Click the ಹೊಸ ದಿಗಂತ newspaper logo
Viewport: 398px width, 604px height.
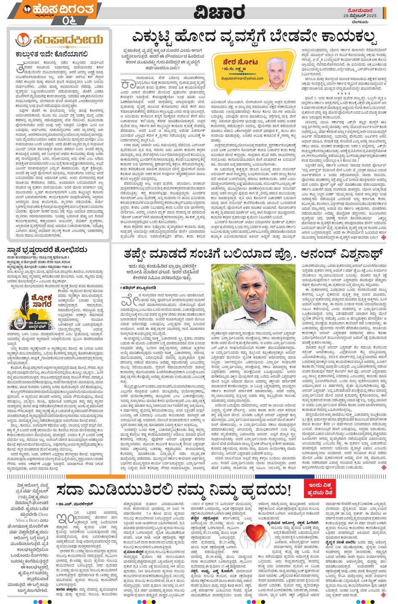(59, 9)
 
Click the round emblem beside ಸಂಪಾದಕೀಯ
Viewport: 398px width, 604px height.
(24, 40)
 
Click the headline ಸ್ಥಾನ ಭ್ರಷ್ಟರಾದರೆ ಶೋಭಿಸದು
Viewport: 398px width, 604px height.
(47, 250)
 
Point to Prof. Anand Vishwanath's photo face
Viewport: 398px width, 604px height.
(248, 294)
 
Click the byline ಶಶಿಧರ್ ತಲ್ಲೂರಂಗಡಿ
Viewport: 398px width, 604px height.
(139, 287)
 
